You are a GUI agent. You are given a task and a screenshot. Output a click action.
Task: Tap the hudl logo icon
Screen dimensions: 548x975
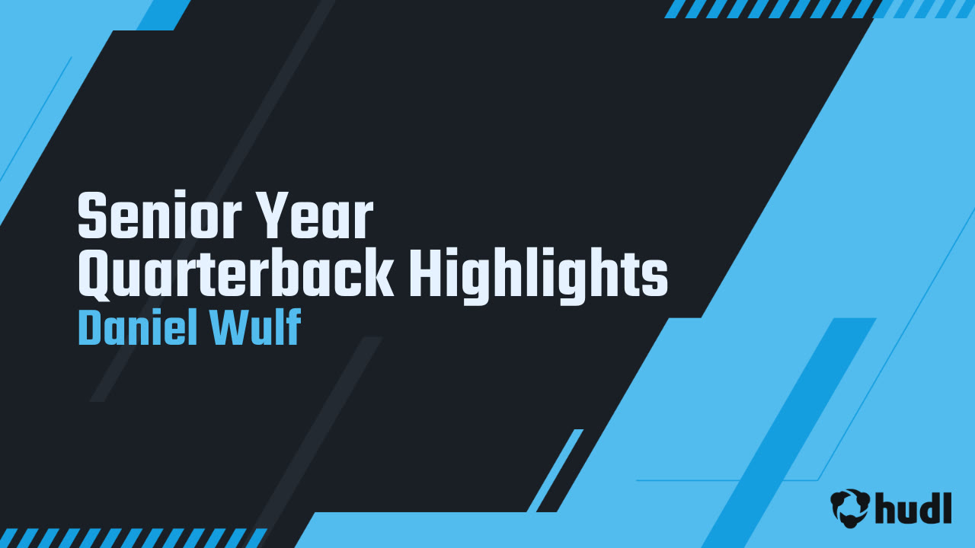850,507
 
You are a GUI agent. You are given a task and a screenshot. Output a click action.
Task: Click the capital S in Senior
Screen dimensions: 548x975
91,217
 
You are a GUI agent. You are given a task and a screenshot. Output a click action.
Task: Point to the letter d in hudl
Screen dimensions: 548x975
927,507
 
